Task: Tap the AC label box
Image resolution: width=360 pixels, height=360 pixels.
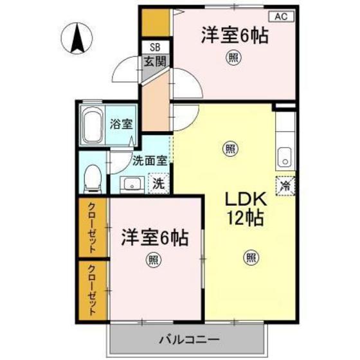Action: (282, 18)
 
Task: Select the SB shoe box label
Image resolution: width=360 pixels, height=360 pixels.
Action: (155, 47)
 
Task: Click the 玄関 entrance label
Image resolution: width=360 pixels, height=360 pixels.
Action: (154, 62)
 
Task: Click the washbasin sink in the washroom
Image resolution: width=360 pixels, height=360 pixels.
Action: (131, 184)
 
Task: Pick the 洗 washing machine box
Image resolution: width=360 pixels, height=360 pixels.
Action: (157, 183)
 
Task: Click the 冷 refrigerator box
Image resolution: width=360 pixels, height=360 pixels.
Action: (284, 186)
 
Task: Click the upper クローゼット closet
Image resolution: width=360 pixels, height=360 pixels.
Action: (92, 228)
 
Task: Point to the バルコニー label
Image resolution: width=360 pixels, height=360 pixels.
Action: (189, 339)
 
